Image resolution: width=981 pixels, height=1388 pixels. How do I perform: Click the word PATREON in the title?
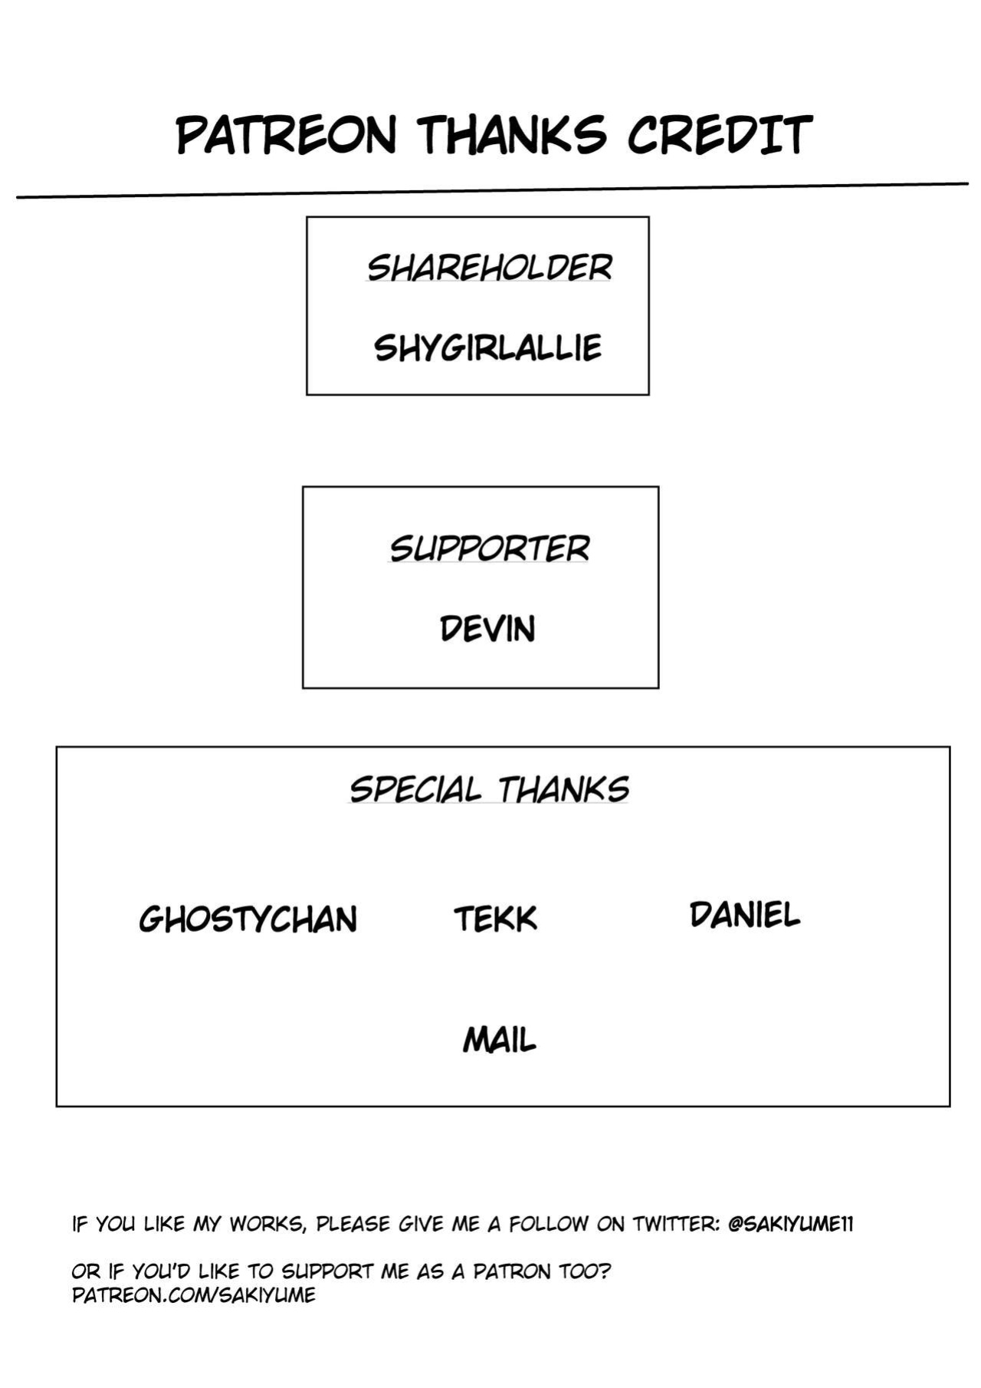click(287, 136)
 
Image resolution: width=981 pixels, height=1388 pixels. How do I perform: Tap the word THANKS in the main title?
click(513, 134)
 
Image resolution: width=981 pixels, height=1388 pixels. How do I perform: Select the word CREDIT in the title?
click(720, 134)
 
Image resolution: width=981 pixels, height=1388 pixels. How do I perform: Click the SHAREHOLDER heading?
click(489, 268)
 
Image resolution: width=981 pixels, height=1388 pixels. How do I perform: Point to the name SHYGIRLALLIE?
click(488, 348)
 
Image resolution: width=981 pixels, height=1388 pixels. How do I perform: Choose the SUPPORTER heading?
click(490, 548)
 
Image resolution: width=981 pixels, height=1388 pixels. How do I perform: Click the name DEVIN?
click(487, 629)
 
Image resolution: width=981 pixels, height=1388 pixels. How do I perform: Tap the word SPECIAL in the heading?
click(415, 789)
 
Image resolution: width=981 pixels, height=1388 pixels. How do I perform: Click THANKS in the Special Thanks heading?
click(564, 789)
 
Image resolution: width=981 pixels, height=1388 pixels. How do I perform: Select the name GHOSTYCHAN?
click(248, 919)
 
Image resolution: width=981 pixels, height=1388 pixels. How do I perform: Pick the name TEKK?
click(496, 919)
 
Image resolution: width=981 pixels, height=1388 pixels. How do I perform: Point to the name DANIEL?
click(745, 915)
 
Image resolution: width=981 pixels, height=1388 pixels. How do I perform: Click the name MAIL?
click(500, 1040)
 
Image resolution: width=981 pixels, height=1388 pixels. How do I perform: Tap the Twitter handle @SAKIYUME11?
click(790, 1224)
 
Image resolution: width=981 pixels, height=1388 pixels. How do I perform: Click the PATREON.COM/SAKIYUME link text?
click(194, 1295)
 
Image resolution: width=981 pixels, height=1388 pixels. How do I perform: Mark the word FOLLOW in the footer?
click(549, 1224)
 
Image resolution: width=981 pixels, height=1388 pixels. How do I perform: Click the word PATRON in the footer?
click(512, 1271)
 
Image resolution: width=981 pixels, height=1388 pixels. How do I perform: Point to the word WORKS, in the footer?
click(268, 1225)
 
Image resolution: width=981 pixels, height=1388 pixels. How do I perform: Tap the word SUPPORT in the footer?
click(327, 1271)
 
